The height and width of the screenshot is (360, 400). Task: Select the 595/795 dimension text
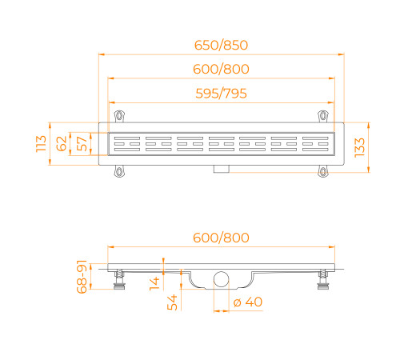pyautogui.click(x=220, y=94)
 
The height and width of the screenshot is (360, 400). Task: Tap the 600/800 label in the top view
pyautogui.click(x=220, y=69)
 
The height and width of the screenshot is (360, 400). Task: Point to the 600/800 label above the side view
pyautogui.click(x=220, y=237)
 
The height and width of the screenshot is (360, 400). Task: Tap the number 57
pyautogui.click(x=82, y=144)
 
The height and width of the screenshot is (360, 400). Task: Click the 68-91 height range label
pyautogui.click(x=81, y=277)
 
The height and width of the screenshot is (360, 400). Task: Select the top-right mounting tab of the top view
pyautogui.click(x=322, y=114)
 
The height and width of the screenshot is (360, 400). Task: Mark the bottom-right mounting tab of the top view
pyautogui.click(x=322, y=170)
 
